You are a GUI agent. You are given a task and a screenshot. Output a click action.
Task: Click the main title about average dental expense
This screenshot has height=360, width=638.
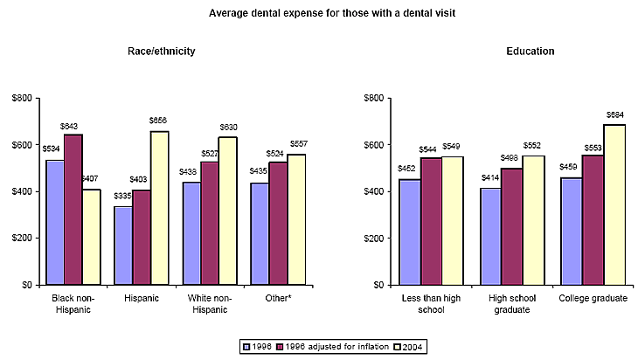coord(318,13)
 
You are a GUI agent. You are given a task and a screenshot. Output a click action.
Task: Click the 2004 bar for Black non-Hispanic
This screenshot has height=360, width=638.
coord(92,236)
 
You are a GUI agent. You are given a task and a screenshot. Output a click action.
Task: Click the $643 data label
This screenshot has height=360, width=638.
coord(73,128)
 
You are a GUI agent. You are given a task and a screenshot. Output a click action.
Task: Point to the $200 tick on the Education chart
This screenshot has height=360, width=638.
coord(376,239)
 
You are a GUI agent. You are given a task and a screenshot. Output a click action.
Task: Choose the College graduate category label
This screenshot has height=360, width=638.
coord(593,298)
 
